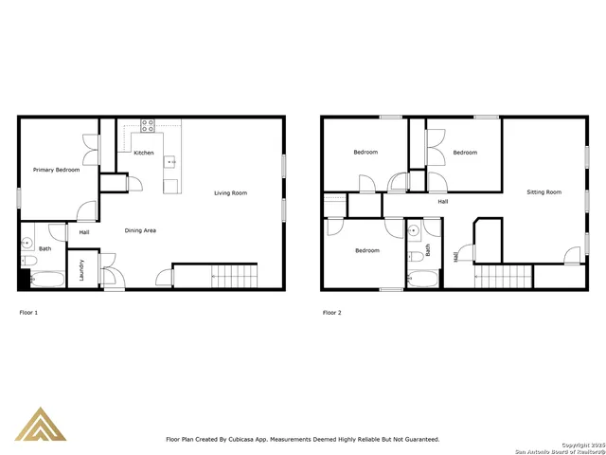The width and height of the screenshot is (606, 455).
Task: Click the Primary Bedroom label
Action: (x=56, y=170)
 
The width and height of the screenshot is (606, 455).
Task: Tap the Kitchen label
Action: (x=143, y=153)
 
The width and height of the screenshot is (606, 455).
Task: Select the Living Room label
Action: (x=230, y=193)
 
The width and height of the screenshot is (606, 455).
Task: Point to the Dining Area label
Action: (x=142, y=230)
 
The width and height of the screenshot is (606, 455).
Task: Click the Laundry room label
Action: (x=81, y=269)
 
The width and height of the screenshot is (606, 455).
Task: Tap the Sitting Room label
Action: (x=544, y=192)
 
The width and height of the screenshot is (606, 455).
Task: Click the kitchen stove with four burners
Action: (x=149, y=123)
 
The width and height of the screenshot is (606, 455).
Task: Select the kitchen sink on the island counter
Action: (x=171, y=162)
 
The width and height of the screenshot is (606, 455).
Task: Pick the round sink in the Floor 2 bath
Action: (x=414, y=231)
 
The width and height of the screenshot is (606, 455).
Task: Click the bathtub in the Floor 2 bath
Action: (x=423, y=280)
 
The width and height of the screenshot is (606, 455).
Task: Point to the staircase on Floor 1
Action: (x=234, y=277)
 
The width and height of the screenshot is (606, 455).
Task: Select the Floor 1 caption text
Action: (x=28, y=312)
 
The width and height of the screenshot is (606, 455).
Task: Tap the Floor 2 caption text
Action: (x=331, y=312)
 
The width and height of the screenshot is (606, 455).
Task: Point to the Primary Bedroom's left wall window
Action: (x=19, y=196)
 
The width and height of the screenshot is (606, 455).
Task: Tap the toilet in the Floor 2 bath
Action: (x=415, y=258)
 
